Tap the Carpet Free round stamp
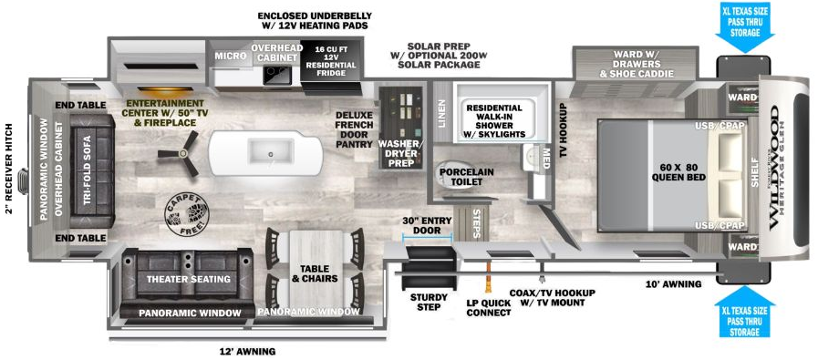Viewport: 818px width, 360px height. click(185, 214)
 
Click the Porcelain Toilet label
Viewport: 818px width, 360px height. click(466, 176)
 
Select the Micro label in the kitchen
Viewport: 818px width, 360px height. click(228, 57)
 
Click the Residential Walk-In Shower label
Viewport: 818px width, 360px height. click(495, 120)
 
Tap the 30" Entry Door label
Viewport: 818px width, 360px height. click(428, 225)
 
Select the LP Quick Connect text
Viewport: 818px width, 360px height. click(490, 306)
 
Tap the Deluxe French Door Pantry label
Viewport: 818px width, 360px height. click(353, 129)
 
